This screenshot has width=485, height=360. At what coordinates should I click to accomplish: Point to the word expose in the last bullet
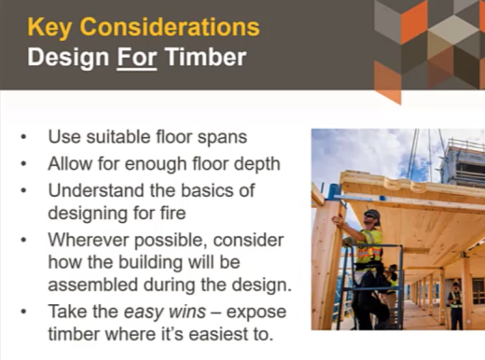click(256, 312)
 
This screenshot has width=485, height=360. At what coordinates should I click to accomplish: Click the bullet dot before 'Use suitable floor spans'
click(22, 138)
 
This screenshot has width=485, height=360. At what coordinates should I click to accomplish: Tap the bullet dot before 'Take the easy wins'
click(22, 312)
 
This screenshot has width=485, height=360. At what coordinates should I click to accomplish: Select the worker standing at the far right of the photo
click(454, 303)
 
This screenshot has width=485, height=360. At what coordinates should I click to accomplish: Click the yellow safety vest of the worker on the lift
click(371, 244)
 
